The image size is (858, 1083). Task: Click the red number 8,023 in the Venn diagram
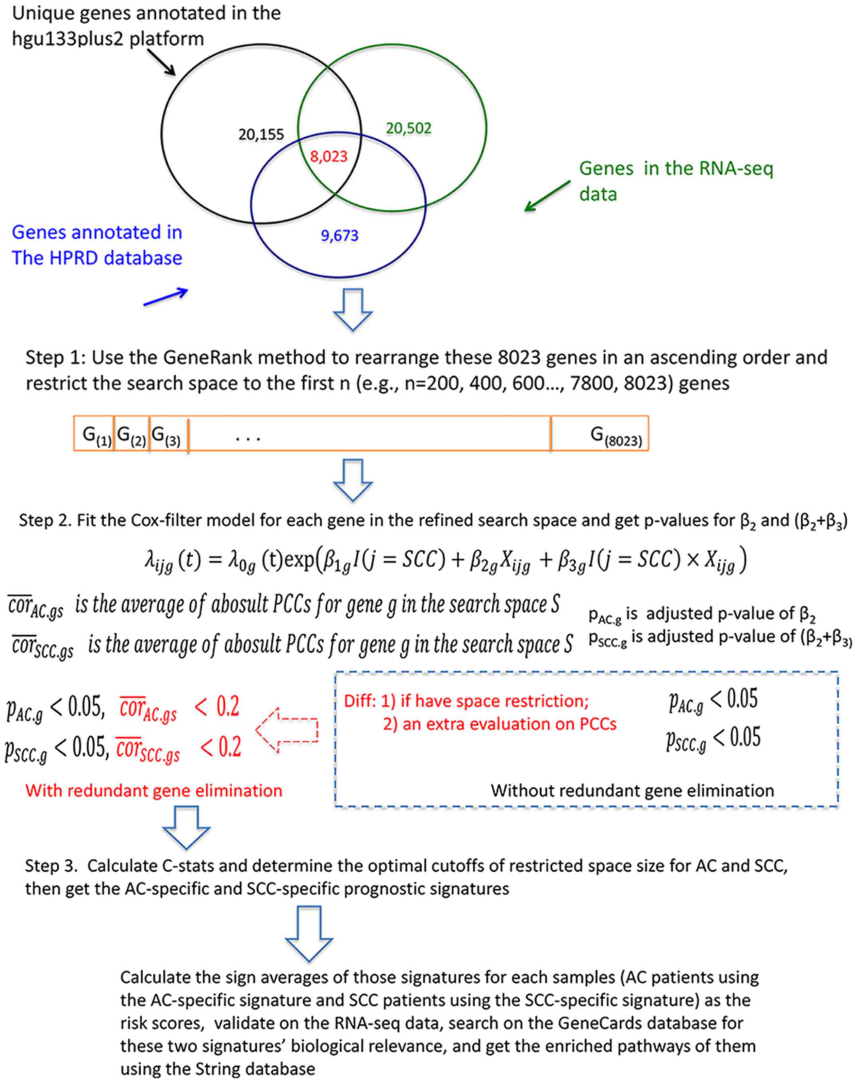click(328, 157)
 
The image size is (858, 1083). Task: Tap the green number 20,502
click(408, 128)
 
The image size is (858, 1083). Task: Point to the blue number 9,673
click(340, 235)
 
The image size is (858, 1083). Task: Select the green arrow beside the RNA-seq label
click(547, 196)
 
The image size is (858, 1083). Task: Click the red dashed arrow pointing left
click(287, 730)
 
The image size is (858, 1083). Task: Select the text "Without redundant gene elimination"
click(632, 791)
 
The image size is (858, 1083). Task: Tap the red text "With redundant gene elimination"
click(154, 791)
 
